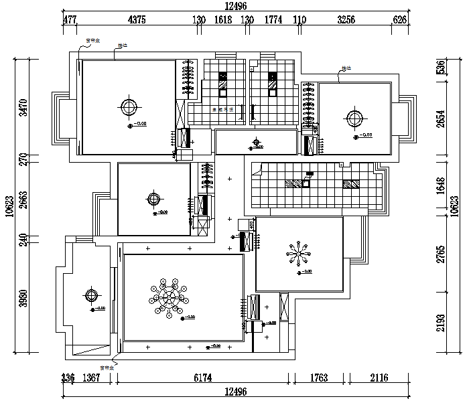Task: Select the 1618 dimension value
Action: [223, 20]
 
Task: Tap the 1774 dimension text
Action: [274, 20]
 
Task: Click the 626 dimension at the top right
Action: [400, 20]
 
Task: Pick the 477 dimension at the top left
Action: [70, 20]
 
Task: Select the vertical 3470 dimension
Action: [23, 108]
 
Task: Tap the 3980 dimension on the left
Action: [23, 297]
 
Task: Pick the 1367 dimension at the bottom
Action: [91, 378]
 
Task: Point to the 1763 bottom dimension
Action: [319, 378]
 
